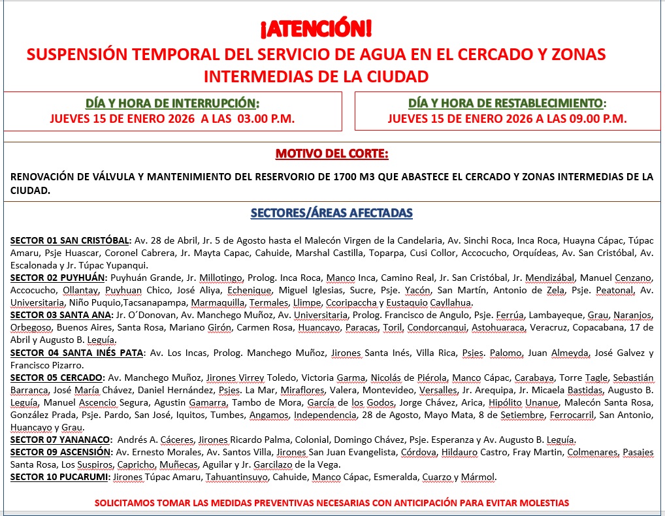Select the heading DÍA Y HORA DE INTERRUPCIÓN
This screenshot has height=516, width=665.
pos(172,103)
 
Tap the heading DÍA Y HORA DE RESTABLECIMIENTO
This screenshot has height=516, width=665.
pos(505,103)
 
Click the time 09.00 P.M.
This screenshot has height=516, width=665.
pos(597,119)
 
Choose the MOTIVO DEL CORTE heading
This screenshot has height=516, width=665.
pos(331,154)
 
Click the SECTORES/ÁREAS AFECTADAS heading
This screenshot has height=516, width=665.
pos(331,214)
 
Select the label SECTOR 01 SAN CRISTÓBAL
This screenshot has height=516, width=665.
pos(71,241)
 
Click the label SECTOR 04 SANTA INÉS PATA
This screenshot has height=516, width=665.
pos(77,353)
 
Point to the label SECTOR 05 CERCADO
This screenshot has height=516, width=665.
pos(57,378)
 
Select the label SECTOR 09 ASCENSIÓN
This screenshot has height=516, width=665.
pos(61,452)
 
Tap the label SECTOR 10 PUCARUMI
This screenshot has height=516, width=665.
pos(60,477)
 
